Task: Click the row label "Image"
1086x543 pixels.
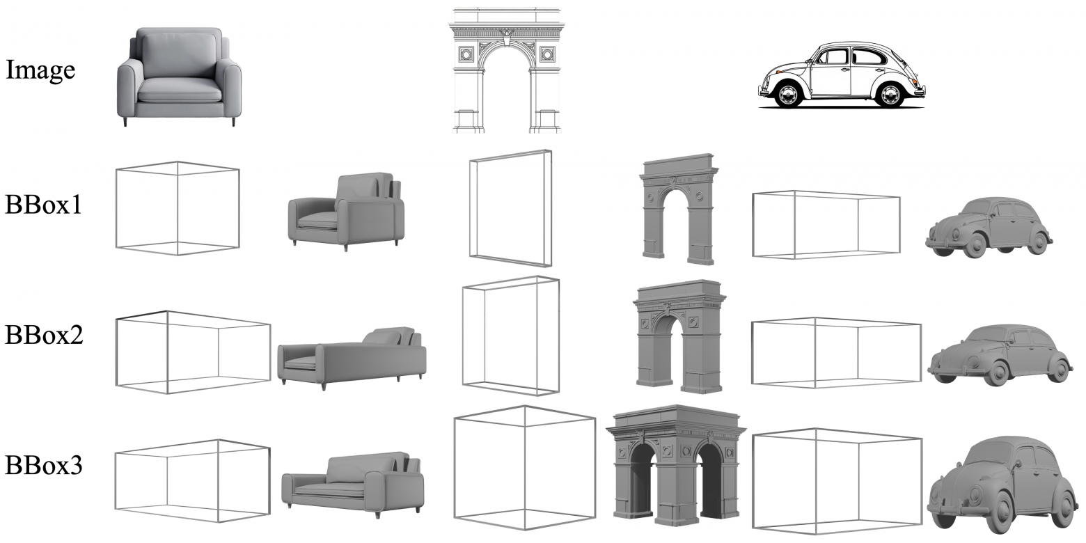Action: pyautogui.click(x=40, y=71)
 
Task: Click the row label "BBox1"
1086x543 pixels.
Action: pyautogui.click(x=44, y=204)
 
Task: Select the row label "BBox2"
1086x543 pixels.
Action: pyautogui.click(x=44, y=335)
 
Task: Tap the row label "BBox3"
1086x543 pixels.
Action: pyautogui.click(x=44, y=465)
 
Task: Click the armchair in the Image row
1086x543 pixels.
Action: pyautogui.click(x=179, y=77)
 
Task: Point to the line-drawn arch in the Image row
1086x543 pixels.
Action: pyautogui.click(x=506, y=70)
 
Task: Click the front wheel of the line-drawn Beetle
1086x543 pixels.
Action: pyautogui.click(x=787, y=94)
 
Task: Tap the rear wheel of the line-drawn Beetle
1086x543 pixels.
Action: pyautogui.click(x=890, y=94)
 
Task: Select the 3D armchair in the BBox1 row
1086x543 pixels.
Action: pyautogui.click(x=346, y=212)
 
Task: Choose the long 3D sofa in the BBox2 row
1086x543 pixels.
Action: pyautogui.click(x=352, y=359)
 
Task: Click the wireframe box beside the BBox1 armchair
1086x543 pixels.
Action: pyautogui.click(x=178, y=208)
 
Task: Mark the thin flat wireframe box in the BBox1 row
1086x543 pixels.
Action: pyautogui.click(x=510, y=208)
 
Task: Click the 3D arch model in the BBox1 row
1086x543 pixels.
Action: pyautogui.click(x=679, y=209)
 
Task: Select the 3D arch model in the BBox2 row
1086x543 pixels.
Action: pyautogui.click(x=679, y=336)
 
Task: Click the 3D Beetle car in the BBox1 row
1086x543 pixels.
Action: pyautogui.click(x=989, y=227)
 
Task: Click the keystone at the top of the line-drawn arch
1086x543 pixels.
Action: pyautogui.click(x=507, y=38)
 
